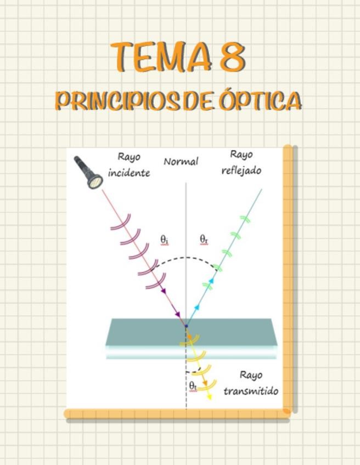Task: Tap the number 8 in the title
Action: pyautogui.click(x=232, y=57)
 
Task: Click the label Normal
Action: pyautogui.click(x=181, y=162)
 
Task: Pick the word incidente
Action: pyautogui.click(x=129, y=173)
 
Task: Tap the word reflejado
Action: pyautogui.click(x=241, y=171)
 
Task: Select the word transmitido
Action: pyautogui.click(x=251, y=391)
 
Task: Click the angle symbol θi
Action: pyautogui.click(x=165, y=240)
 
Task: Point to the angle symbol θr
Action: pyautogui.click(x=204, y=240)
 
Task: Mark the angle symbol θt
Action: pyautogui.click(x=193, y=385)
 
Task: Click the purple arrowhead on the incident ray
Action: pyautogui.click(x=177, y=314)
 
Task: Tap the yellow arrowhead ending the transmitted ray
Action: pyautogui.click(x=209, y=396)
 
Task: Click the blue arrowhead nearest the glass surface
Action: pyautogui.click(x=197, y=309)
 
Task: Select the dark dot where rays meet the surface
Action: pyautogui.click(x=186, y=326)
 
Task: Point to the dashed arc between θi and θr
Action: pyautogui.click(x=187, y=258)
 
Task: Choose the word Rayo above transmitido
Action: pyautogui.click(x=251, y=375)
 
